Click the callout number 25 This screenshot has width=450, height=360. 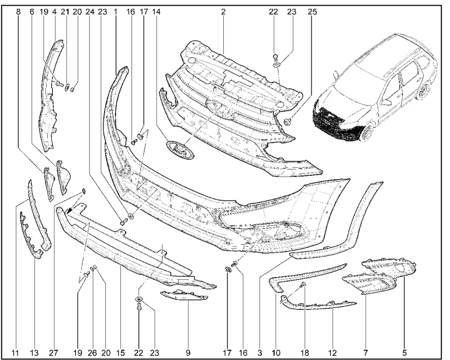pyautogui.click(x=312, y=12)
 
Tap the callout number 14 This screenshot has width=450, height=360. pyautogui.click(x=156, y=12)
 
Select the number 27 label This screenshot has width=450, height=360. pyautogui.click(x=54, y=352)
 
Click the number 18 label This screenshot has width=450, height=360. pyautogui.click(x=305, y=352)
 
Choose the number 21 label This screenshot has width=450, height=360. pyautogui.click(x=65, y=12)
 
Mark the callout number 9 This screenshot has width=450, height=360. pyautogui.click(x=188, y=352)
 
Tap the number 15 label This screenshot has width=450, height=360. pyautogui.click(x=121, y=352)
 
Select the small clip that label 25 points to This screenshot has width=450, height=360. pyautogui.click(x=288, y=122)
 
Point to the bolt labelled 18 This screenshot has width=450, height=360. pyautogui.click(x=303, y=285)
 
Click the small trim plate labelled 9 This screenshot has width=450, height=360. pyautogui.click(x=184, y=296)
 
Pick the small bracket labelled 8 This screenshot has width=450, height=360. pyautogui.click(x=49, y=184)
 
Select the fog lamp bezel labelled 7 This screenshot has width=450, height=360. pyautogui.click(x=369, y=283)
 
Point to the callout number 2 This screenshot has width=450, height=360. pyautogui.click(x=223, y=12)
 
